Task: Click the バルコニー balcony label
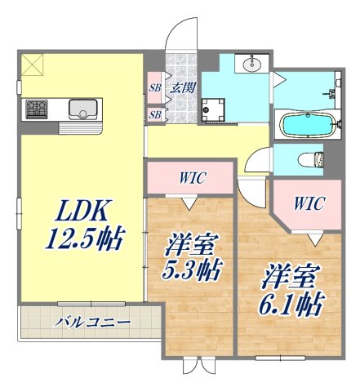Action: tap(93, 322)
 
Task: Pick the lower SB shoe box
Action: tap(154, 115)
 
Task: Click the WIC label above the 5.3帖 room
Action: tap(193, 177)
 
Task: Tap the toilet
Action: tap(310, 159)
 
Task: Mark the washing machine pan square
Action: tap(216, 109)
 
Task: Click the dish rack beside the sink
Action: tap(82, 127)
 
